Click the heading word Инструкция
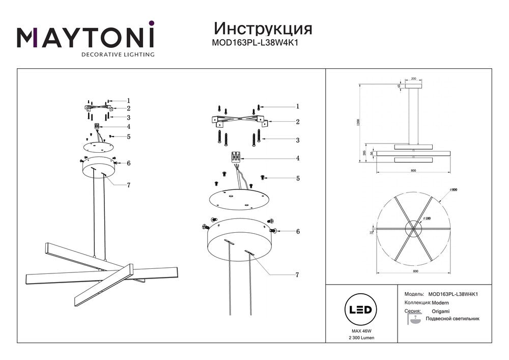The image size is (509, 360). point(263,28)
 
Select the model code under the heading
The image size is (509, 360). point(254,43)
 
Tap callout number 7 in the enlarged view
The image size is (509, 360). point(297,275)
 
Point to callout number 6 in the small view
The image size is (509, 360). point(129,163)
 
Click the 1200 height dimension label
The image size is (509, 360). point(359,123)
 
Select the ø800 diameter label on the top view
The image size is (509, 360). point(454,189)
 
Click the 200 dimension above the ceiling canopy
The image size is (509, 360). point(413,79)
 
